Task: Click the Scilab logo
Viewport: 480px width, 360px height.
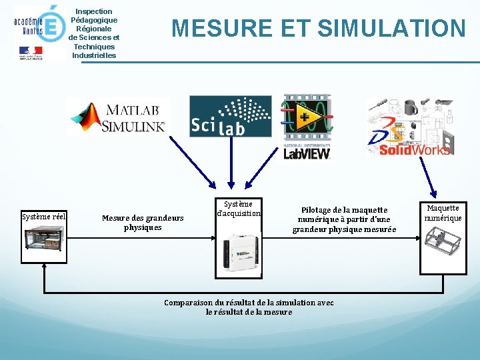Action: [x=231, y=116]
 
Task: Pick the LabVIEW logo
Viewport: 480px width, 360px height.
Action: [x=307, y=127]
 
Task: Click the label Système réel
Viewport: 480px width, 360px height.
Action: [x=43, y=216]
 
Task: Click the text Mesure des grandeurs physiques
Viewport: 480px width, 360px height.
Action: [x=143, y=222]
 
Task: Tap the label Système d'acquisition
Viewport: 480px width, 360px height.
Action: [x=239, y=209]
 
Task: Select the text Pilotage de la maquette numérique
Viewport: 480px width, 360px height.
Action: [x=344, y=219]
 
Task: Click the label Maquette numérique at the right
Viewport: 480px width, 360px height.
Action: [x=443, y=213]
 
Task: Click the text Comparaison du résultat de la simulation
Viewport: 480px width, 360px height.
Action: [x=249, y=307]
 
